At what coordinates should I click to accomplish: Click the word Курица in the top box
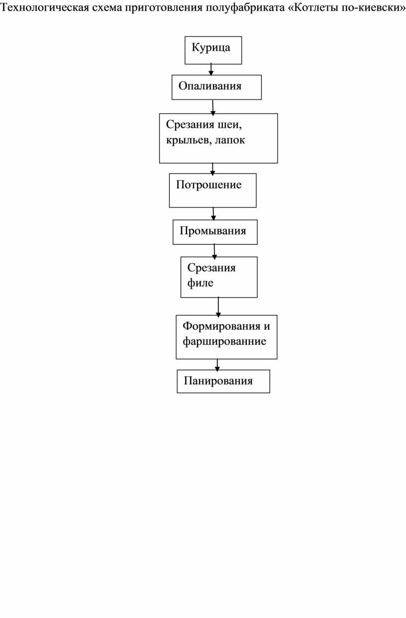point(211,47)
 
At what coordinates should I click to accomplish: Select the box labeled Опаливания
point(216,87)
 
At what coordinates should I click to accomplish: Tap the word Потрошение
point(209,185)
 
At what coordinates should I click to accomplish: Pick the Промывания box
point(215,232)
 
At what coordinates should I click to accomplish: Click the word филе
point(200,283)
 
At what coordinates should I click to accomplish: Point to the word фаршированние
point(224,341)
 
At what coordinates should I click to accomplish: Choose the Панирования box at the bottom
point(223,381)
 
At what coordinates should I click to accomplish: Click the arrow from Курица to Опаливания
point(211,70)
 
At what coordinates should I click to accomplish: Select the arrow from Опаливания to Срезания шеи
point(212,107)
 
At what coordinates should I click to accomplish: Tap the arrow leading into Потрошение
point(212,169)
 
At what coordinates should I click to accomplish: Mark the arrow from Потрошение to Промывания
point(213,214)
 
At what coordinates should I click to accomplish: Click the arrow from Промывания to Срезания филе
point(214,251)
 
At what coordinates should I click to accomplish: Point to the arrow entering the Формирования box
point(218,307)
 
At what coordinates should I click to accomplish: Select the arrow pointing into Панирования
point(217,365)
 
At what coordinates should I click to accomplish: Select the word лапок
point(230,140)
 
